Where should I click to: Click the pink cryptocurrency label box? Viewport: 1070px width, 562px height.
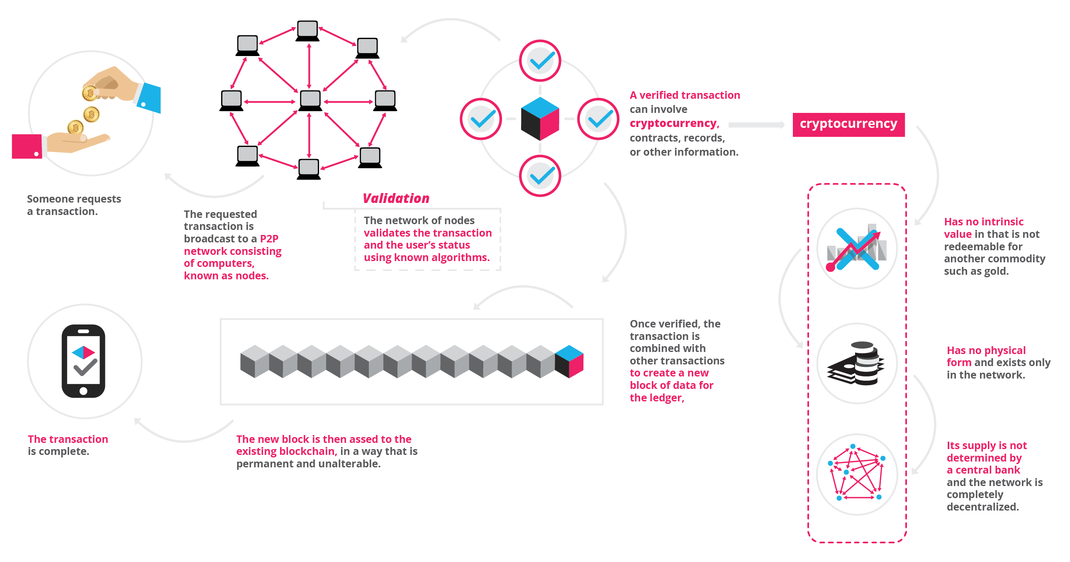coord(848,124)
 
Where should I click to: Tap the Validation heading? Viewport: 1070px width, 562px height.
coord(396,198)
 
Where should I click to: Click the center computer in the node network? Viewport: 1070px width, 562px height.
coord(310,100)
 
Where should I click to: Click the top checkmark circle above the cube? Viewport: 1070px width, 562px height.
coord(540,61)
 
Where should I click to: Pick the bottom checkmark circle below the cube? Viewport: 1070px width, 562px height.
coord(540,176)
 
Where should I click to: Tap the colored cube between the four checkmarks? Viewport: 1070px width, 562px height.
coord(540,118)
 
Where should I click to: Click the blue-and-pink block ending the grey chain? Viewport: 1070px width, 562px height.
coord(569,361)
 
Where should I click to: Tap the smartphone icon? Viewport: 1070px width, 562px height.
coord(83,361)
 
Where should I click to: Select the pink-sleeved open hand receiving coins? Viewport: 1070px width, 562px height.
coord(62,144)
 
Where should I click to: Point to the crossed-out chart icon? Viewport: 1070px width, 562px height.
coord(856,249)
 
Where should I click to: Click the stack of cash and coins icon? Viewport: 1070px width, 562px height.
coord(856,363)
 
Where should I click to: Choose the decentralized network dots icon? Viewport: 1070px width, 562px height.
coord(856,474)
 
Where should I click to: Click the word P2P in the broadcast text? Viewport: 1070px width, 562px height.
coord(269,239)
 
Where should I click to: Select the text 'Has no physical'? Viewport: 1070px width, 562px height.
coord(986,350)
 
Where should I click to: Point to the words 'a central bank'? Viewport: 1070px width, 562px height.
coord(983,470)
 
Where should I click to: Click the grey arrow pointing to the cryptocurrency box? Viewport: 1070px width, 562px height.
coord(756,125)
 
